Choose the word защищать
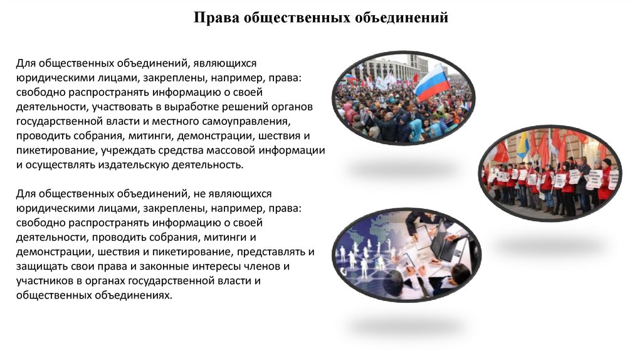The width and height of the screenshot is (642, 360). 40,266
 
